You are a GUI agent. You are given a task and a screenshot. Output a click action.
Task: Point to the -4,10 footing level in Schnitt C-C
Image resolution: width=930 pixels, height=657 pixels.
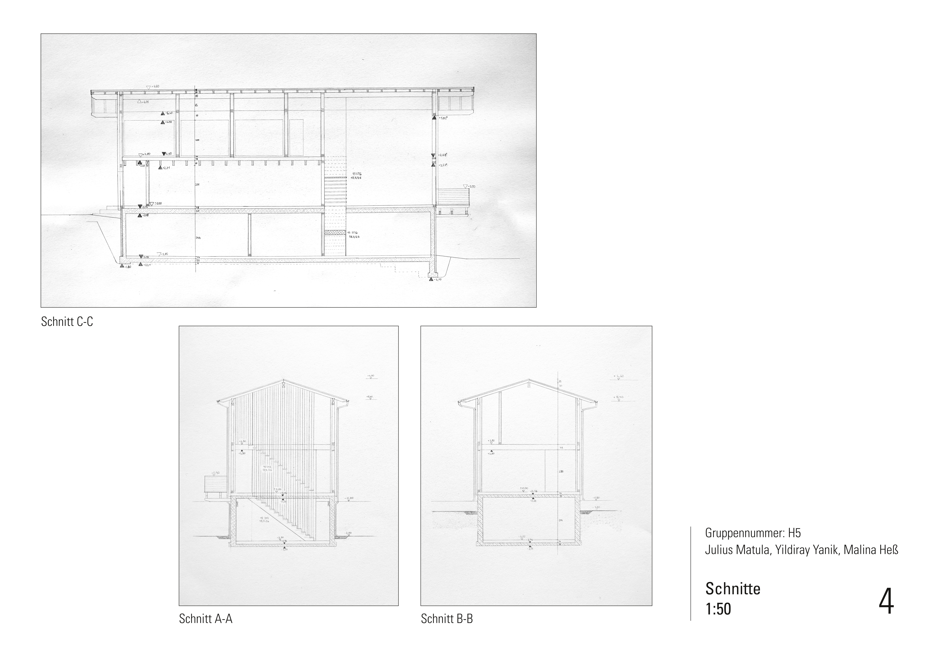pos(437,279)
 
